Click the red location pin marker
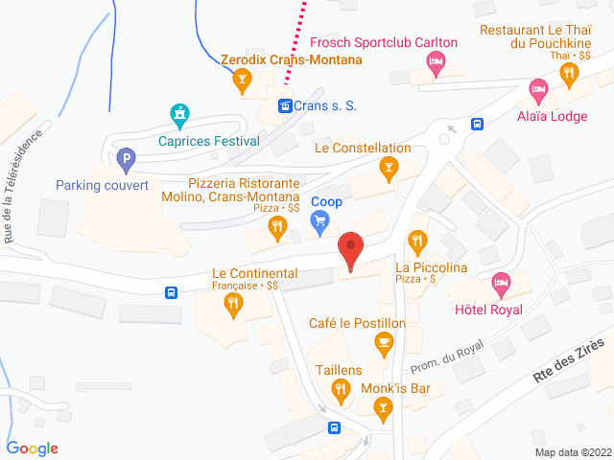click(351, 251)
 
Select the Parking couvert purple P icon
click(125, 159)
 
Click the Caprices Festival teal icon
click(178, 116)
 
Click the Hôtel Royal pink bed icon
click(500, 284)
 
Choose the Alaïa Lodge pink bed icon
click(538, 92)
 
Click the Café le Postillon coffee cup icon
click(385, 342)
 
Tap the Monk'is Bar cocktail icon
click(383, 409)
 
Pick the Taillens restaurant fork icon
click(340, 389)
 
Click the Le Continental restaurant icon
click(232, 306)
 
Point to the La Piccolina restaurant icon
click(416, 240)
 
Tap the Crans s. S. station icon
click(284, 105)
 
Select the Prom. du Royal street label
click(446, 356)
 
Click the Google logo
click(33, 448)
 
